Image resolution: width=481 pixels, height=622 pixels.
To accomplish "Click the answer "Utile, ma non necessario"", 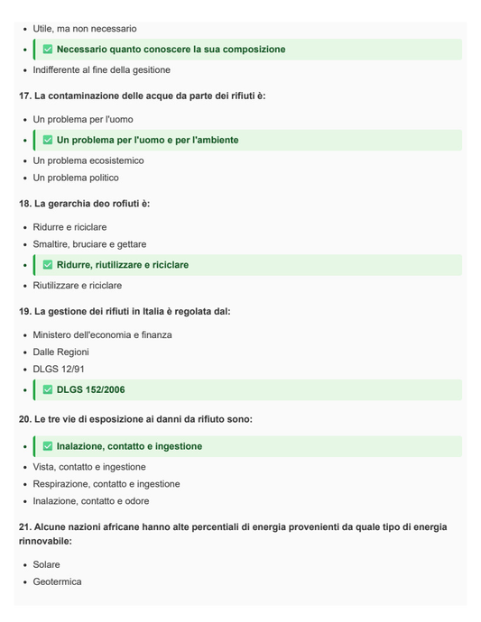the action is [x=84, y=29].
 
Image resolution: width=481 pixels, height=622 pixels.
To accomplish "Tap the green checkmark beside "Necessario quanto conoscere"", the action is [x=48, y=50].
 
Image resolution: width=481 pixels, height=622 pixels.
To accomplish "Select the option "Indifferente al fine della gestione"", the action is [x=101, y=69].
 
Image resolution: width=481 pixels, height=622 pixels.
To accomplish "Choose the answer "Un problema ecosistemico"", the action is [x=88, y=160].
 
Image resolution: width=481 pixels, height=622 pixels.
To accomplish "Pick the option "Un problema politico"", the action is [x=76, y=178].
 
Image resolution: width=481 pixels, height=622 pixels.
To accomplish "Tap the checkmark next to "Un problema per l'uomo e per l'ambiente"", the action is [x=48, y=141].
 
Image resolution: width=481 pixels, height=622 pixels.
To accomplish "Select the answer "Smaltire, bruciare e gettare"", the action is [x=89, y=244].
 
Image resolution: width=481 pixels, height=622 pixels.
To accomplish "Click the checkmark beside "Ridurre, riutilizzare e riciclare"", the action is [x=48, y=265].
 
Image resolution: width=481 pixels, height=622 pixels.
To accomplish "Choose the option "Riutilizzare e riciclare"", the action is [x=78, y=285].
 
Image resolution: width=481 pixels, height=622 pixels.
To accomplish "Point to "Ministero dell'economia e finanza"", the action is [x=104, y=334].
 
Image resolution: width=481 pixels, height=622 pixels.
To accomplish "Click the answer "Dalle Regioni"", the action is [x=61, y=352].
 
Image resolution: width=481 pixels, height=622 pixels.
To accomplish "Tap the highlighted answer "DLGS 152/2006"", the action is [x=90, y=390].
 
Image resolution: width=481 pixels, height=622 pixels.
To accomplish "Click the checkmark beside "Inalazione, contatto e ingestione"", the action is [x=48, y=446].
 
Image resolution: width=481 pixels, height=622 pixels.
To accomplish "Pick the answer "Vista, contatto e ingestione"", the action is [x=89, y=467].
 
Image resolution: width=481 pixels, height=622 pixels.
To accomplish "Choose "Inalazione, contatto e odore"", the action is [x=91, y=501].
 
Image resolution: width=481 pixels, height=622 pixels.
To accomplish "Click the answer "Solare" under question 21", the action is [x=47, y=564].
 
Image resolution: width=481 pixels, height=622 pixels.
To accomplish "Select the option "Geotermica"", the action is [x=57, y=581].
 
